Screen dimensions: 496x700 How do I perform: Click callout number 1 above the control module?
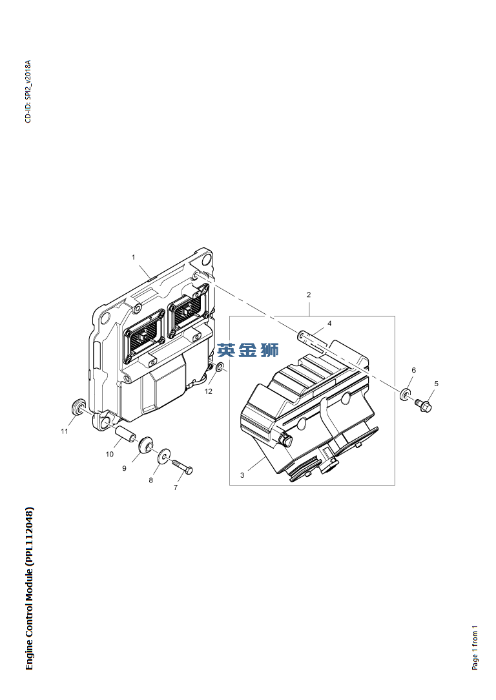133,257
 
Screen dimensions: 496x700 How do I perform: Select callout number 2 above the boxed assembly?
309,294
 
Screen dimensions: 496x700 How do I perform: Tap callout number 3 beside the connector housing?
242,475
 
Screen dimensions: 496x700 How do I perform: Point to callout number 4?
329,324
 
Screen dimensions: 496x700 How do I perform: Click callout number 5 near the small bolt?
436,384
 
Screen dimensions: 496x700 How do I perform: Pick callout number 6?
414,370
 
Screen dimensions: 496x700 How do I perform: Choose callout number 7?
176,488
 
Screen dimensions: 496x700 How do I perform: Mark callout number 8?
151,480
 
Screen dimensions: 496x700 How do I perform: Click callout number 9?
124,468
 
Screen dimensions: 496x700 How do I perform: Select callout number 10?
109,454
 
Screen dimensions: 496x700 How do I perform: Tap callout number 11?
65,431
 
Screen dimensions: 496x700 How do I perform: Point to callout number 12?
209,391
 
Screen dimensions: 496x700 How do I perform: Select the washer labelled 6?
406,394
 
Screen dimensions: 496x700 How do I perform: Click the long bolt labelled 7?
182,466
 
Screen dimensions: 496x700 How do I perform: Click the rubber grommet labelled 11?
79,406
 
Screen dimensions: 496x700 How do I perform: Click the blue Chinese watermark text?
248,350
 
